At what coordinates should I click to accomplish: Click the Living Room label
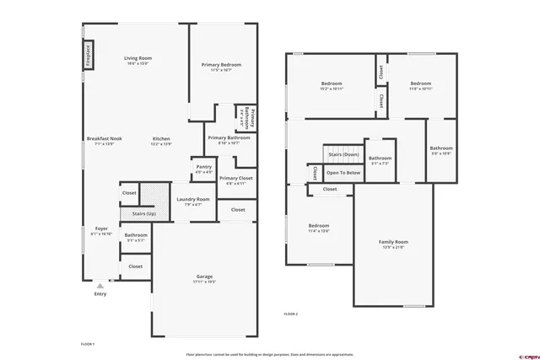138,58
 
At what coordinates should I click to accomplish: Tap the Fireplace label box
89,56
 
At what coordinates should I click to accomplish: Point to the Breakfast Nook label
101,138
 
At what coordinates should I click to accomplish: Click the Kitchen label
161,138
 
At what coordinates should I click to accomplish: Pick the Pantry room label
203,167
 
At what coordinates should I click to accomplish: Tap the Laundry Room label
192,200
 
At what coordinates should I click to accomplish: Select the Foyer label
101,228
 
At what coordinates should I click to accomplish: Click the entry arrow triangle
100,286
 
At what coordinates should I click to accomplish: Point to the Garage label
204,277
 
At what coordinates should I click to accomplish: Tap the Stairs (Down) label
343,155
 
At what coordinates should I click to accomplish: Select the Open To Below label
343,172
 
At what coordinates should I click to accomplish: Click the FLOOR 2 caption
291,314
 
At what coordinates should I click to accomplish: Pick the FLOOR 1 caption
87,344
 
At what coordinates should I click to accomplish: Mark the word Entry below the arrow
100,293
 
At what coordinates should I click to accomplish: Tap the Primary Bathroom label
228,138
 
